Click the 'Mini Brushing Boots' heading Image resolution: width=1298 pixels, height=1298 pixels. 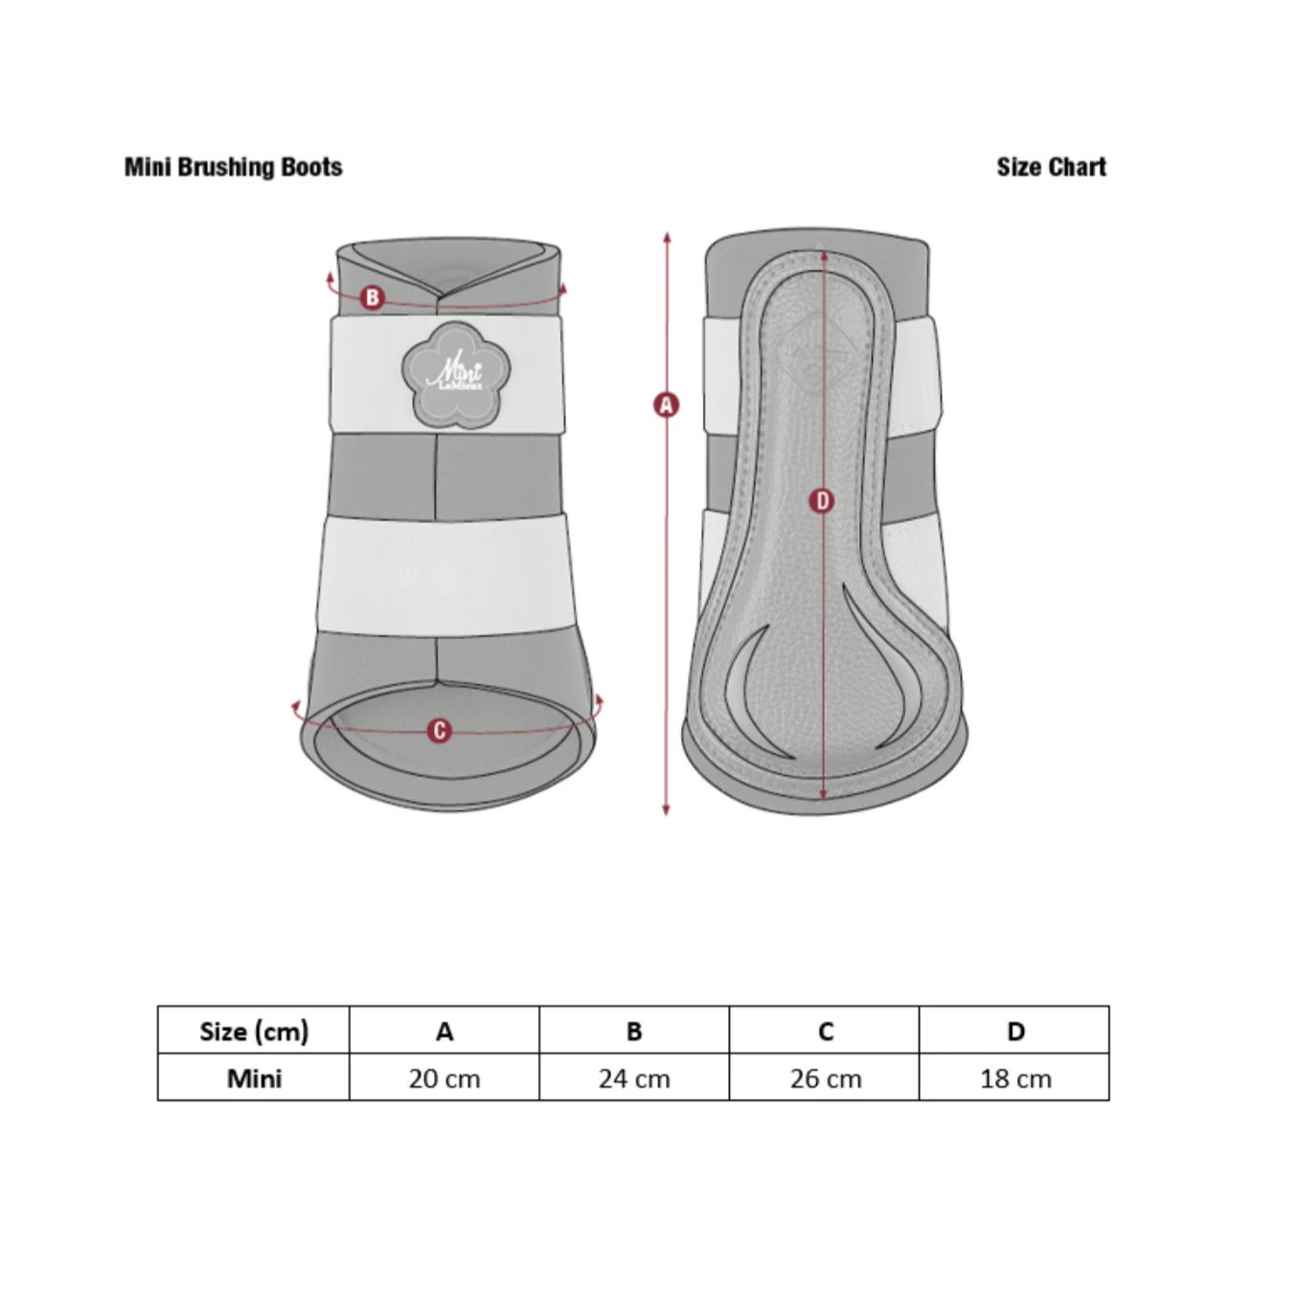233,167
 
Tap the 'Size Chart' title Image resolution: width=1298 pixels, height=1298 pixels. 1051,167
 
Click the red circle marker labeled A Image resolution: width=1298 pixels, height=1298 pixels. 666,405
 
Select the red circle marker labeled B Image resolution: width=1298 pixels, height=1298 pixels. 372,297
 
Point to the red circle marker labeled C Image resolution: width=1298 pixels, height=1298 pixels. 439,731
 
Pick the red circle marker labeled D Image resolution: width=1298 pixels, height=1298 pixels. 822,501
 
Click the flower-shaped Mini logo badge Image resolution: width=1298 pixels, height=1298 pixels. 456,376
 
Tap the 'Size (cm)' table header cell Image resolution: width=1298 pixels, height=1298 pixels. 254,1032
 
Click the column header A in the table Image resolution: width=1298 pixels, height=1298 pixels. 444,1032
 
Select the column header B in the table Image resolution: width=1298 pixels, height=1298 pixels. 634,1032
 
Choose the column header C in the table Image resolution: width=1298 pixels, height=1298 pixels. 825,1032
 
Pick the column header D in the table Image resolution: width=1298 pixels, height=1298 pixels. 1014,1032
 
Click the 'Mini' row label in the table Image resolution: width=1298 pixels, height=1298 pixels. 254,1079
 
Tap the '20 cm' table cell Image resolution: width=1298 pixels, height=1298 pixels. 444,1079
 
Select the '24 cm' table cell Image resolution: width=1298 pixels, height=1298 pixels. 634,1079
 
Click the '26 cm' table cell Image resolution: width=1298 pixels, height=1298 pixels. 825,1079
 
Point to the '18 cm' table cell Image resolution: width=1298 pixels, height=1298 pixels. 1014,1079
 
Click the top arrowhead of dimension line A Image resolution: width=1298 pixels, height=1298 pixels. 667,237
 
